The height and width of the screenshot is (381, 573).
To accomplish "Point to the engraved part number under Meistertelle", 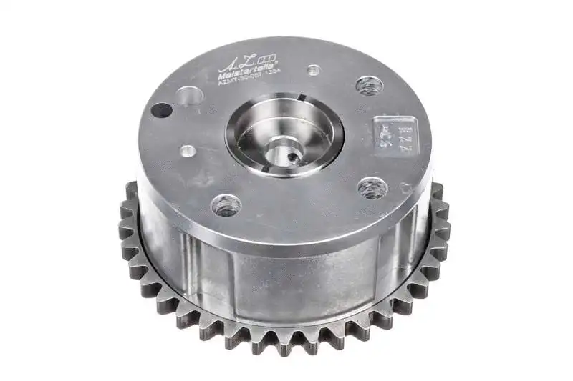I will point(247,82).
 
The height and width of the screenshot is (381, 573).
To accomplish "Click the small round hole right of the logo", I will point(313,71).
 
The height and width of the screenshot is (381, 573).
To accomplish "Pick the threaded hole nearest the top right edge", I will point(369,86).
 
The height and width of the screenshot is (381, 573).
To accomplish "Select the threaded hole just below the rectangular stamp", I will point(372,188).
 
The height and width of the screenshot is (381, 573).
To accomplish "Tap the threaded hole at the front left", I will point(226,205).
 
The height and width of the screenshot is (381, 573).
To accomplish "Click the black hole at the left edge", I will point(162,111).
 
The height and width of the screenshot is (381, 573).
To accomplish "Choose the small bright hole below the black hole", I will point(187,152).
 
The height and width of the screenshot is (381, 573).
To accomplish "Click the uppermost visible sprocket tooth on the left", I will point(130,189).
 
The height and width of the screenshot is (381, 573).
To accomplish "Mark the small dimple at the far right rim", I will point(407,189).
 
